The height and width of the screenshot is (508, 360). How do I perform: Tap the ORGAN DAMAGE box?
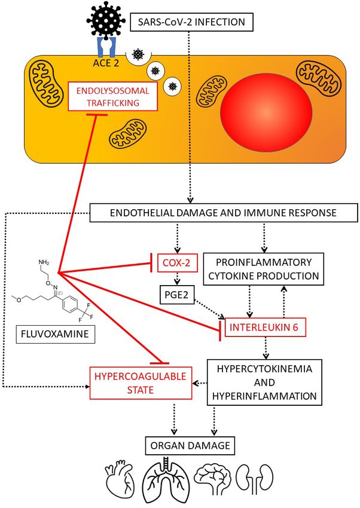pos(190,445)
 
